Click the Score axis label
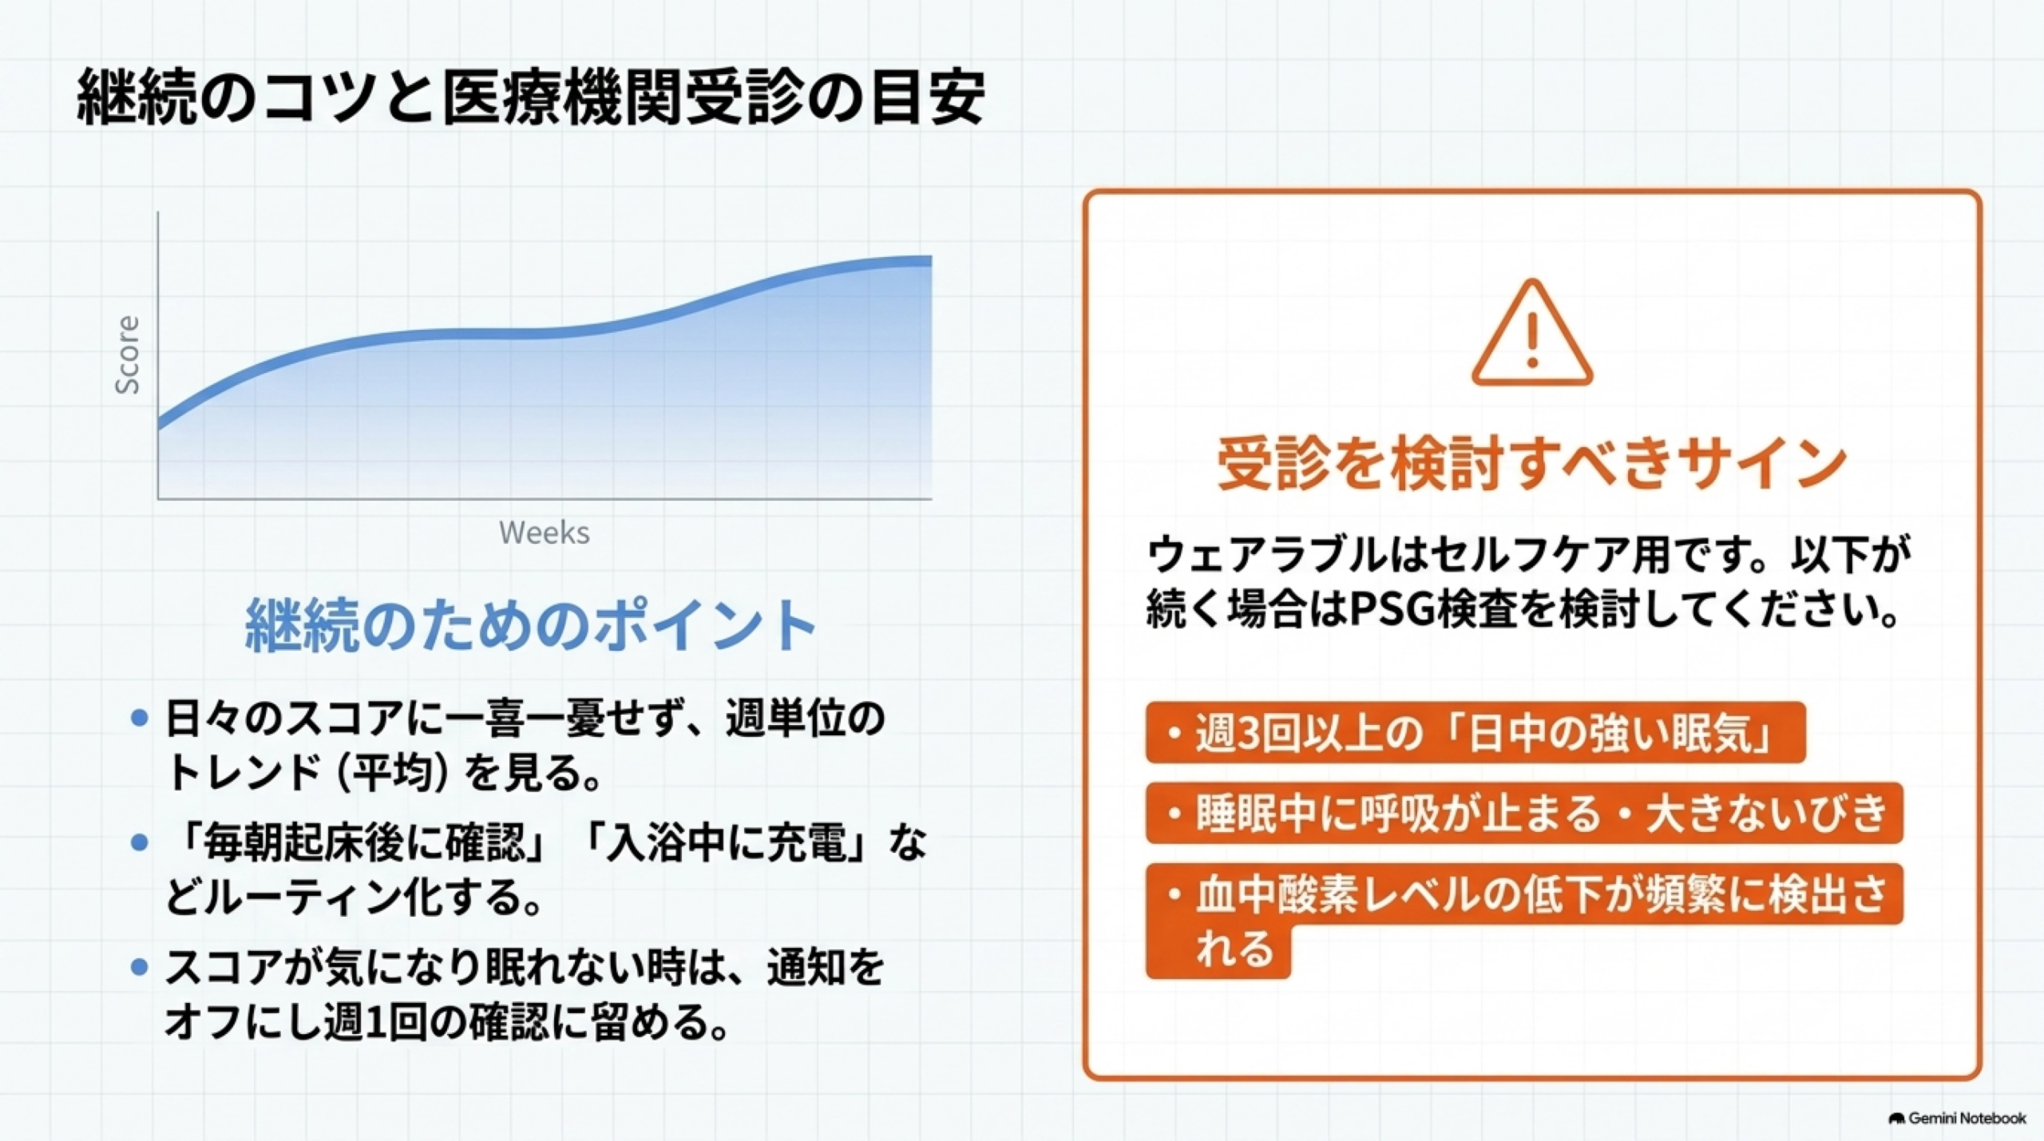pos(128,355)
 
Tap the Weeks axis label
pos(545,533)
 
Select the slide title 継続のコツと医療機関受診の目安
pos(531,97)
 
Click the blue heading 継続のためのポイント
pos(531,624)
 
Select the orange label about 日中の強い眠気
pos(1476,732)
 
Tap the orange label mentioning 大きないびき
pos(1524,814)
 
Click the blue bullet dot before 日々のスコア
pos(140,718)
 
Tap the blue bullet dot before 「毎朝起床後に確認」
pos(140,842)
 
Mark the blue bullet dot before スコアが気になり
pos(140,967)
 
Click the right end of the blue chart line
pos(931,261)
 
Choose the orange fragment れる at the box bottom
pos(1234,949)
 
